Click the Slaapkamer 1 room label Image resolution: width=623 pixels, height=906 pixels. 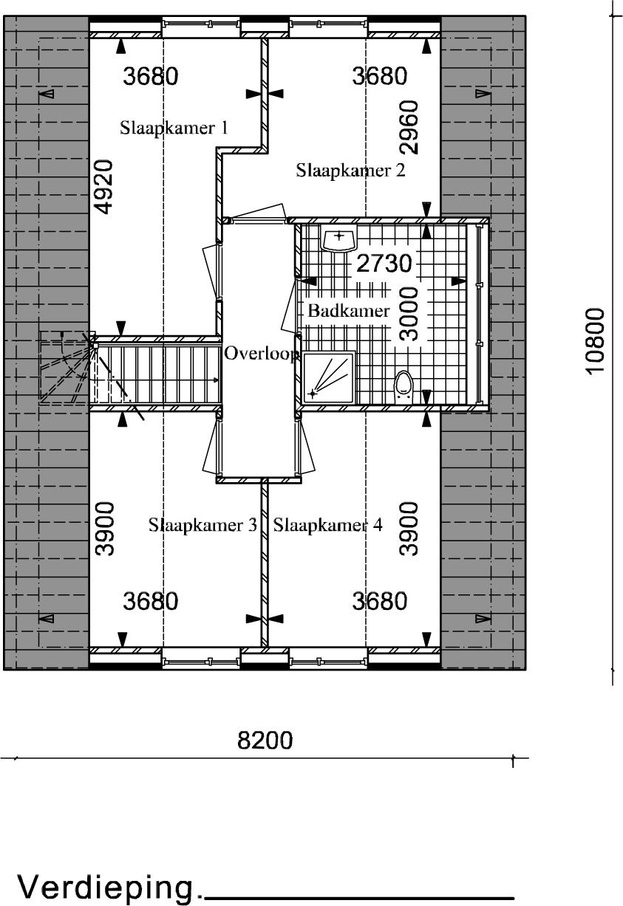[174, 128]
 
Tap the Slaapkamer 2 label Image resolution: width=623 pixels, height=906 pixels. [350, 171]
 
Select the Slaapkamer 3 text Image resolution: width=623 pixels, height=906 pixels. [202, 525]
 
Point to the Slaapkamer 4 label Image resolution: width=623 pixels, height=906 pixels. [327, 525]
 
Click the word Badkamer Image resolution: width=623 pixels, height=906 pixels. [349, 311]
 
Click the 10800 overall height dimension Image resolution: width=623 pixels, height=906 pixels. [595, 342]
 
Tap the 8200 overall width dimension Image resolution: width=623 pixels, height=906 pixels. [265, 740]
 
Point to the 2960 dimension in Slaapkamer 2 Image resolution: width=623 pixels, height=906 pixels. [409, 128]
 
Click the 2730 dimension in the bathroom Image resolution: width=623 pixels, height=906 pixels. [384, 264]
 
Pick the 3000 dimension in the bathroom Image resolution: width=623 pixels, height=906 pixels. [408, 315]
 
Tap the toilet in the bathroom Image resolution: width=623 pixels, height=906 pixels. [404, 387]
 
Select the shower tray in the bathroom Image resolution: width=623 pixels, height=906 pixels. [329, 377]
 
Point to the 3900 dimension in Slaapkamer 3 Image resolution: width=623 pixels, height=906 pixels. [105, 529]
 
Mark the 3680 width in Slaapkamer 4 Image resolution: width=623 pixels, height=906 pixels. [379, 600]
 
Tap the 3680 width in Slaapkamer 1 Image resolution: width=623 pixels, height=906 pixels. [151, 76]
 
